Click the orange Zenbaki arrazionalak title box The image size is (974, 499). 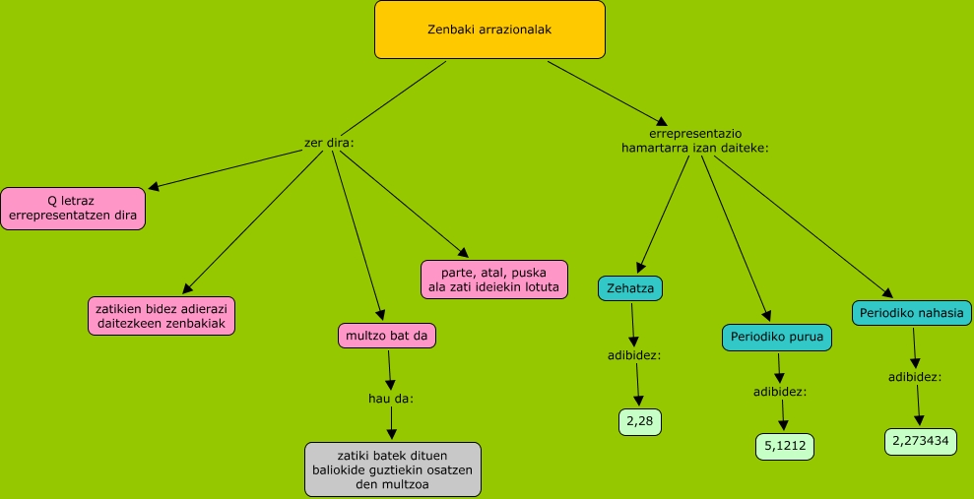pyautogui.click(x=489, y=30)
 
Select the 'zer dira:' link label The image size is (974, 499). pyautogui.click(x=329, y=143)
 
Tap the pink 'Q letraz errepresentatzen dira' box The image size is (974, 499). pyautogui.click(x=73, y=208)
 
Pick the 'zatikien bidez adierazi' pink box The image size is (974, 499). pyautogui.click(x=161, y=315)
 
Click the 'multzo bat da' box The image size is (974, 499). pyautogui.click(x=386, y=336)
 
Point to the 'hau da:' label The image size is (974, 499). pyautogui.click(x=391, y=399)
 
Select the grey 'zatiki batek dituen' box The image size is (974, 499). pyautogui.click(x=392, y=468)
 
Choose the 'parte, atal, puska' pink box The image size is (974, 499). pyautogui.click(x=494, y=279)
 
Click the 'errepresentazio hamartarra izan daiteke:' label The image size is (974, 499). pyautogui.click(x=694, y=140)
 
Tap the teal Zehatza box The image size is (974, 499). pyautogui.click(x=630, y=287)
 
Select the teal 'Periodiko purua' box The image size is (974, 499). pyautogui.click(x=777, y=337)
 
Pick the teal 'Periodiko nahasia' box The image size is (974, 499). pyautogui.click(x=911, y=312)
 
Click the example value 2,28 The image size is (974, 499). pyautogui.click(x=639, y=421)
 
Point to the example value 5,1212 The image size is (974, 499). pyautogui.click(x=785, y=446)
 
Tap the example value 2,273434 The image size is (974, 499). pyautogui.click(x=920, y=440)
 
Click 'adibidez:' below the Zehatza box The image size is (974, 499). pyautogui.click(x=634, y=354)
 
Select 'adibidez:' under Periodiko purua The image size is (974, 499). pyautogui.click(x=779, y=391)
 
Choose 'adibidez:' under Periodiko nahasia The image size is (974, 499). pyautogui.click(x=915, y=376)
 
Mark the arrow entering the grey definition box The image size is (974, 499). pyautogui.click(x=391, y=425)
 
